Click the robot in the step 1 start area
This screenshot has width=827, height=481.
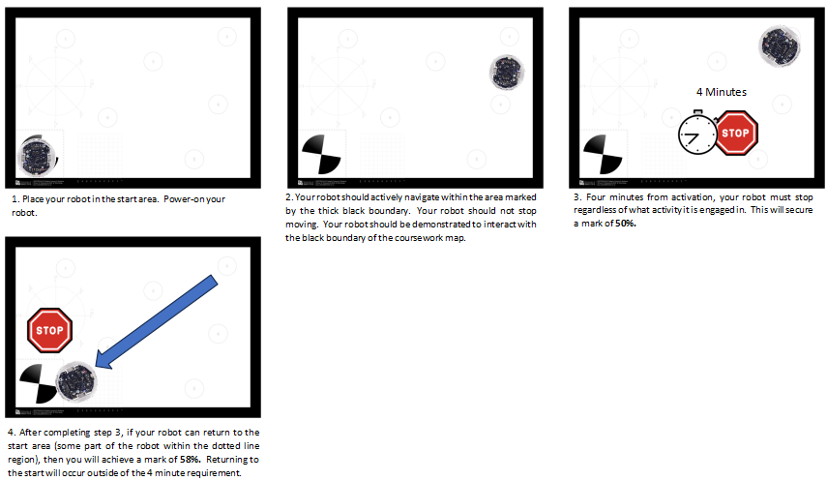tap(37, 157)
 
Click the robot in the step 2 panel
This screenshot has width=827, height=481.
tap(507, 73)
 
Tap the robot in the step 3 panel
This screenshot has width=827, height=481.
tap(779, 45)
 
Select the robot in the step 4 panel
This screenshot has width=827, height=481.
tap(76, 381)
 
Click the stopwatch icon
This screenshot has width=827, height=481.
tap(697, 133)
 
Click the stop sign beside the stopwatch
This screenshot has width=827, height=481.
tap(736, 133)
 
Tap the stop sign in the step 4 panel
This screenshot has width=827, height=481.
tap(49, 331)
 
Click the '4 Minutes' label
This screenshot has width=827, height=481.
tap(722, 92)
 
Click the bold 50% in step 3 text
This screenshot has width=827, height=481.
tap(626, 224)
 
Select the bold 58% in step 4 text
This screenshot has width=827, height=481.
tap(190, 460)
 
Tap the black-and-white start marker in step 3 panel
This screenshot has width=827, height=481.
tap(603, 154)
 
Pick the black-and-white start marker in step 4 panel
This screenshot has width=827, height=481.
tap(39, 384)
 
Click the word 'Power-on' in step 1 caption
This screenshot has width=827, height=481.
tap(181, 199)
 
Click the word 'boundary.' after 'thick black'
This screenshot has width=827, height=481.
tap(389, 211)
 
